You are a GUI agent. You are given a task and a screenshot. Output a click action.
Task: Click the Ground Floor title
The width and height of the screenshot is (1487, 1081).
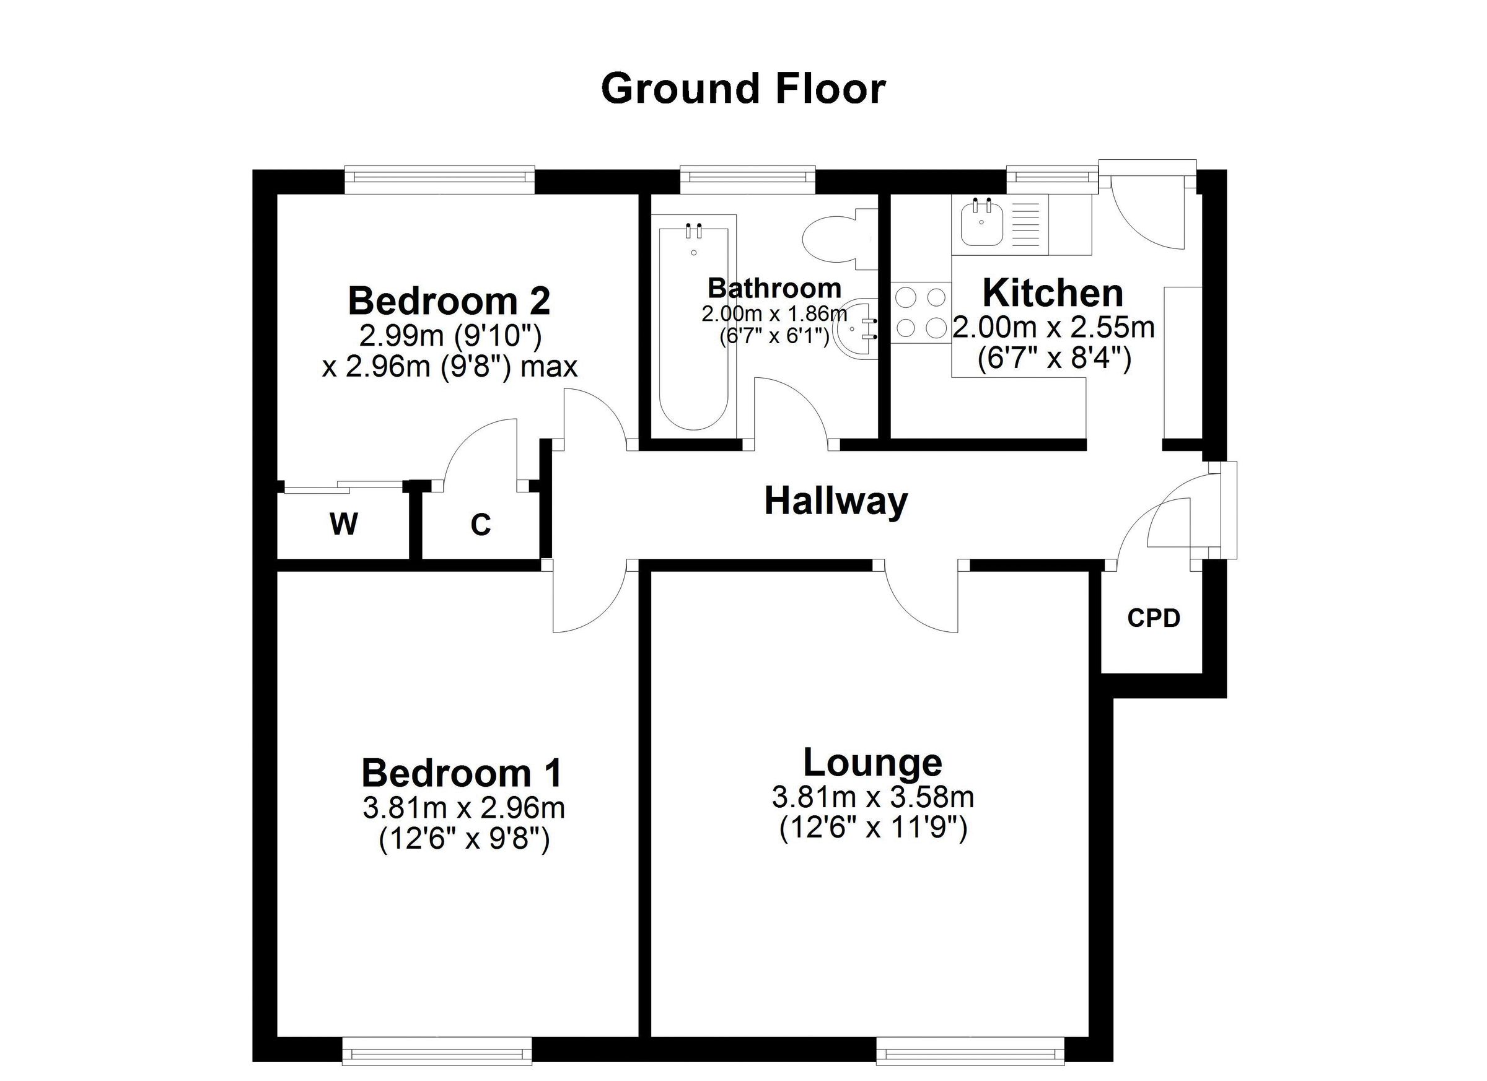[x=743, y=90]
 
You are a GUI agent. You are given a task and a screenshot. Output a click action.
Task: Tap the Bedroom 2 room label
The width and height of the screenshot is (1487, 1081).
[x=449, y=301]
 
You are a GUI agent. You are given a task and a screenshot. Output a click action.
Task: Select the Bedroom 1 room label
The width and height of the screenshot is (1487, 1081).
[x=462, y=773]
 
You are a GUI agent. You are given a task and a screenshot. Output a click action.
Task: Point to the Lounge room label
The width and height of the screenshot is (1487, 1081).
[x=872, y=763]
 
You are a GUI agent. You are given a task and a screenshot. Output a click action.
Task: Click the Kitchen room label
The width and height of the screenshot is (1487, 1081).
[x=1052, y=293]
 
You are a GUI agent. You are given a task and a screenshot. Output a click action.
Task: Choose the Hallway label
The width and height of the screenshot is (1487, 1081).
[x=836, y=502]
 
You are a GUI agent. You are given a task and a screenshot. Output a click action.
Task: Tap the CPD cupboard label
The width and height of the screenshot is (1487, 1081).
[x=1153, y=618]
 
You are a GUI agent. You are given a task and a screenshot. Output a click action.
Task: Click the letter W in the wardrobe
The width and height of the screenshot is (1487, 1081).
[x=344, y=524]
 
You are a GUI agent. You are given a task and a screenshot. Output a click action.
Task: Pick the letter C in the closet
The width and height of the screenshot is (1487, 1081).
[x=481, y=525]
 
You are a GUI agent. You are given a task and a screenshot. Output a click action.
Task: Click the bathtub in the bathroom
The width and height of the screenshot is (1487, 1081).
[x=693, y=328]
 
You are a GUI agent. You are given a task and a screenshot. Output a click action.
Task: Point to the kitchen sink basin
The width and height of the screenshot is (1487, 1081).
[x=981, y=223]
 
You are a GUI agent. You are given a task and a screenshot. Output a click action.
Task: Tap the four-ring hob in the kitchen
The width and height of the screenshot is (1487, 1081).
[x=921, y=312]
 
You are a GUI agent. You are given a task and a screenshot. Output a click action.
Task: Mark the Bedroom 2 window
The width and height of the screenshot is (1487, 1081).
[x=440, y=176]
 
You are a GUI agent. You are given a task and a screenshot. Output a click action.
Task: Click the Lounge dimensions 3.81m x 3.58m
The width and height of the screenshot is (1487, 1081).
[x=872, y=798]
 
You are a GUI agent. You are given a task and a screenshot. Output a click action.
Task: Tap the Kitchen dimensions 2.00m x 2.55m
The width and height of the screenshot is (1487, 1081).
[x=1054, y=328]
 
